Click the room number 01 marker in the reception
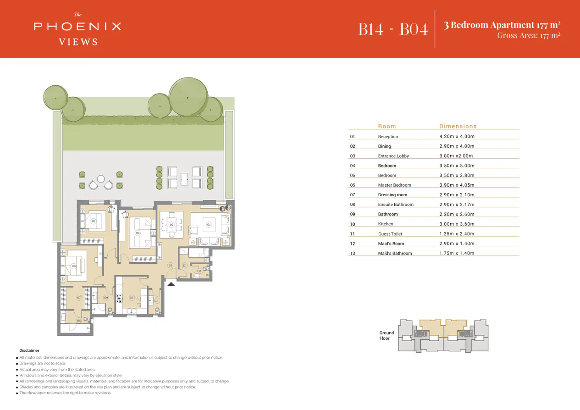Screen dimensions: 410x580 tap(209, 225)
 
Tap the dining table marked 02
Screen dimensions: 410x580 tap(171, 225)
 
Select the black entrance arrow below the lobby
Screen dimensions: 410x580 tap(171, 284)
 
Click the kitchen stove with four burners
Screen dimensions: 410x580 tap(119, 299)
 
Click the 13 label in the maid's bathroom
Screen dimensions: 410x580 tap(199, 271)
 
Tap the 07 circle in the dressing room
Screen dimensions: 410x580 tap(79, 298)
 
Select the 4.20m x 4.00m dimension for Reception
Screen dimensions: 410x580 tap(457, 136)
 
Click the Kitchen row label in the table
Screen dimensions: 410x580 tap(386, 224)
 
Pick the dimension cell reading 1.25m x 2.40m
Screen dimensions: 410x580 tap(457, 234)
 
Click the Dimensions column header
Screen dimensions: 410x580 tap(458, 126)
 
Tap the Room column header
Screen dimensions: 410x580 tap(387, 126)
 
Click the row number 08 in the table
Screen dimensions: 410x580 tap(352, 205)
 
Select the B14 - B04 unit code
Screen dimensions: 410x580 tap(393, 29)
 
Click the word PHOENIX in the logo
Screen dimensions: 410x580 tap(77, 27)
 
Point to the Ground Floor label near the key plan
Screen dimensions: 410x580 tap(386, 336)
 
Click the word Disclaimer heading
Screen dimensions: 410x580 tap(29, 350)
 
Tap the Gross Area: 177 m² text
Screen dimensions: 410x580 tap(529, 35)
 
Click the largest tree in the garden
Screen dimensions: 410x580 tap(188, 97)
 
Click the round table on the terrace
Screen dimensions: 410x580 tap(101, 179)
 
